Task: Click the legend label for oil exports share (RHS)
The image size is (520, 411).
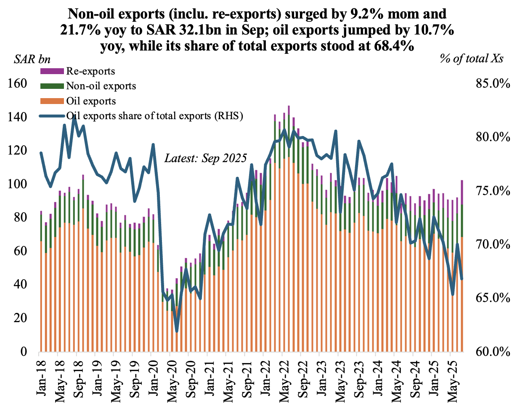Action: pyautogui.click(x=155, y=116)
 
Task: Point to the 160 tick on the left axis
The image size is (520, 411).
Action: pyautogui.click(x=17, y=83)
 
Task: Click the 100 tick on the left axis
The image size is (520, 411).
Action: pyautogui.click(x=17, y=184)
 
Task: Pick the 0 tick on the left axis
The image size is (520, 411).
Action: pyautogui.click(x=23, y=352)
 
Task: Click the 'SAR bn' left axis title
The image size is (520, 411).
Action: pyautogui.click(x=32, y=59)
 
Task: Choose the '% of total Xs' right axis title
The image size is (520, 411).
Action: pyautogui.click(x=472, y=59)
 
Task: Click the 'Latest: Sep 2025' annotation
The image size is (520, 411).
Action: pyautogui.click(x=205, y=158)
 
